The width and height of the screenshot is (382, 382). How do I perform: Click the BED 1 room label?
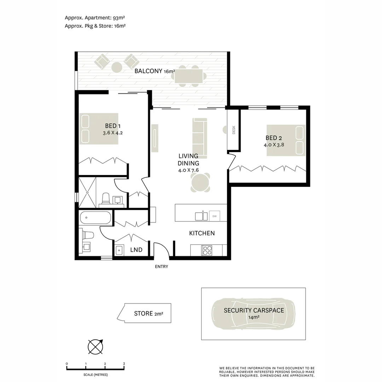point(113,126)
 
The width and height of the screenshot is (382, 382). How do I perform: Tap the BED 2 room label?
point(273,138)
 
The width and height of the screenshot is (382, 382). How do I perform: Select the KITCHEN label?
point(202,233)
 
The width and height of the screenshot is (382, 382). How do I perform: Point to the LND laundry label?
point(136,250)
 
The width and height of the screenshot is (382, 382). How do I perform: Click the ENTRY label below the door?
point(161,267)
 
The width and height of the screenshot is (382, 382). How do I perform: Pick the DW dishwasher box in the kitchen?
point(214,216)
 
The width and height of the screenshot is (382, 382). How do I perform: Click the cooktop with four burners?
point(207,250)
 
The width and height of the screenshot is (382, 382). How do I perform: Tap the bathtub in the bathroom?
point(95,218)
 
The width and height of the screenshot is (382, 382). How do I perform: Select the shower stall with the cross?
point(87,192)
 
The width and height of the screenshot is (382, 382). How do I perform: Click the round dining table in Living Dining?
point(201,183)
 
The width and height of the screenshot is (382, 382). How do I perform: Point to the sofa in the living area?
point(200,138)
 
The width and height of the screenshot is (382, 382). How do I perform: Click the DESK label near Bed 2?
point(233,130)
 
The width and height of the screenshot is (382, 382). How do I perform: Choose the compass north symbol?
point(95,347)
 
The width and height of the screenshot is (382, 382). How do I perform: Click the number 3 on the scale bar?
point(124,364)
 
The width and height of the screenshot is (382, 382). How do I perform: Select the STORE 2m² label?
point(148,313)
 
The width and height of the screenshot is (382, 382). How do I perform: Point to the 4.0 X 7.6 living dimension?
point(189,170)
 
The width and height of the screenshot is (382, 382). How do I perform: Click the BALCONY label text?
point(148,71)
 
